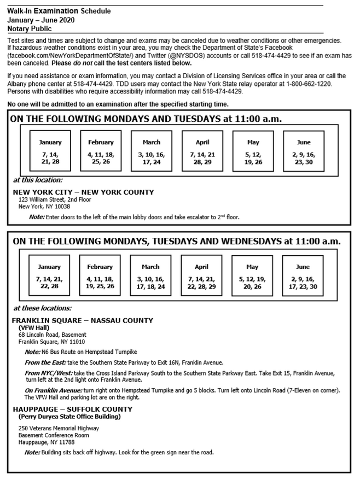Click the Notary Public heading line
tap(30, 28)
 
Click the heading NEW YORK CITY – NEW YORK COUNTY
tap(83, 192)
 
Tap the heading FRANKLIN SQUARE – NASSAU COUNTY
tap(82, 320)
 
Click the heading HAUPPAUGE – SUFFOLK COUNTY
tap(72, 409)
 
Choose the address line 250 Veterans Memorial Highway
tap(59, 428)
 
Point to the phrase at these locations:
tap(42, 308)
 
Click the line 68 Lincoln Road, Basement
tap(52, 335)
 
